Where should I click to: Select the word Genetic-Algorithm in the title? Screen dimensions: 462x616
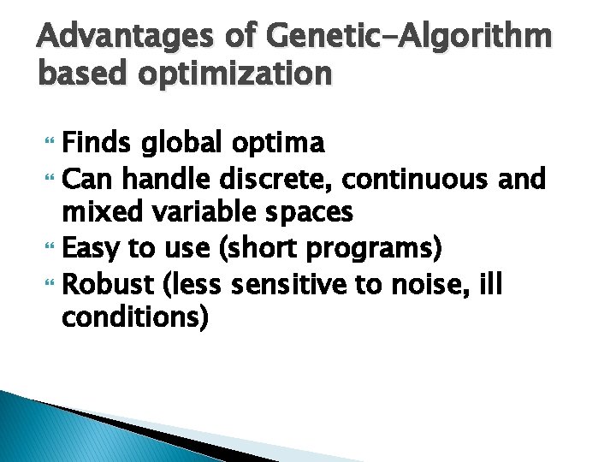(410, 38)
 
